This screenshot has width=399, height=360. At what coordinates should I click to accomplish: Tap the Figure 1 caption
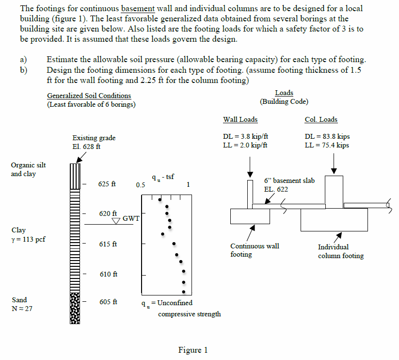pos(193,350)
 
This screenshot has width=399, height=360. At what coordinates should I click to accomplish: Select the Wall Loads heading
pos(240,119)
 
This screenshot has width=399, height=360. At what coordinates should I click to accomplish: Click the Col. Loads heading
pos(321,119)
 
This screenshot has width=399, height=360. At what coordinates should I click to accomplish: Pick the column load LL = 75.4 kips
pos(327,145)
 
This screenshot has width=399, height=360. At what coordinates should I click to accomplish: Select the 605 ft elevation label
pos(108,302)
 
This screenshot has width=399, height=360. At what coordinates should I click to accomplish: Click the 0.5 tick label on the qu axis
pos(141,185)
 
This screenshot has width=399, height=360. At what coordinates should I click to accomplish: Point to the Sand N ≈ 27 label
pos(21,304)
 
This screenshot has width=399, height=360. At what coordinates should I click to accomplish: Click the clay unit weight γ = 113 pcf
pos(28,239)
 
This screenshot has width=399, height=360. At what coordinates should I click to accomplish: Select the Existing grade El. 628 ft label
pos(94,143)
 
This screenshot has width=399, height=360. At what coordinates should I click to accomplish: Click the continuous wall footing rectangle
pos(250,216)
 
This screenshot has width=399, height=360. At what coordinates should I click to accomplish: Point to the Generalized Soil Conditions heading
pos(89,96)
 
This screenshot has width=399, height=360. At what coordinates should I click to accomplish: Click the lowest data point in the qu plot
pos(184,292)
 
